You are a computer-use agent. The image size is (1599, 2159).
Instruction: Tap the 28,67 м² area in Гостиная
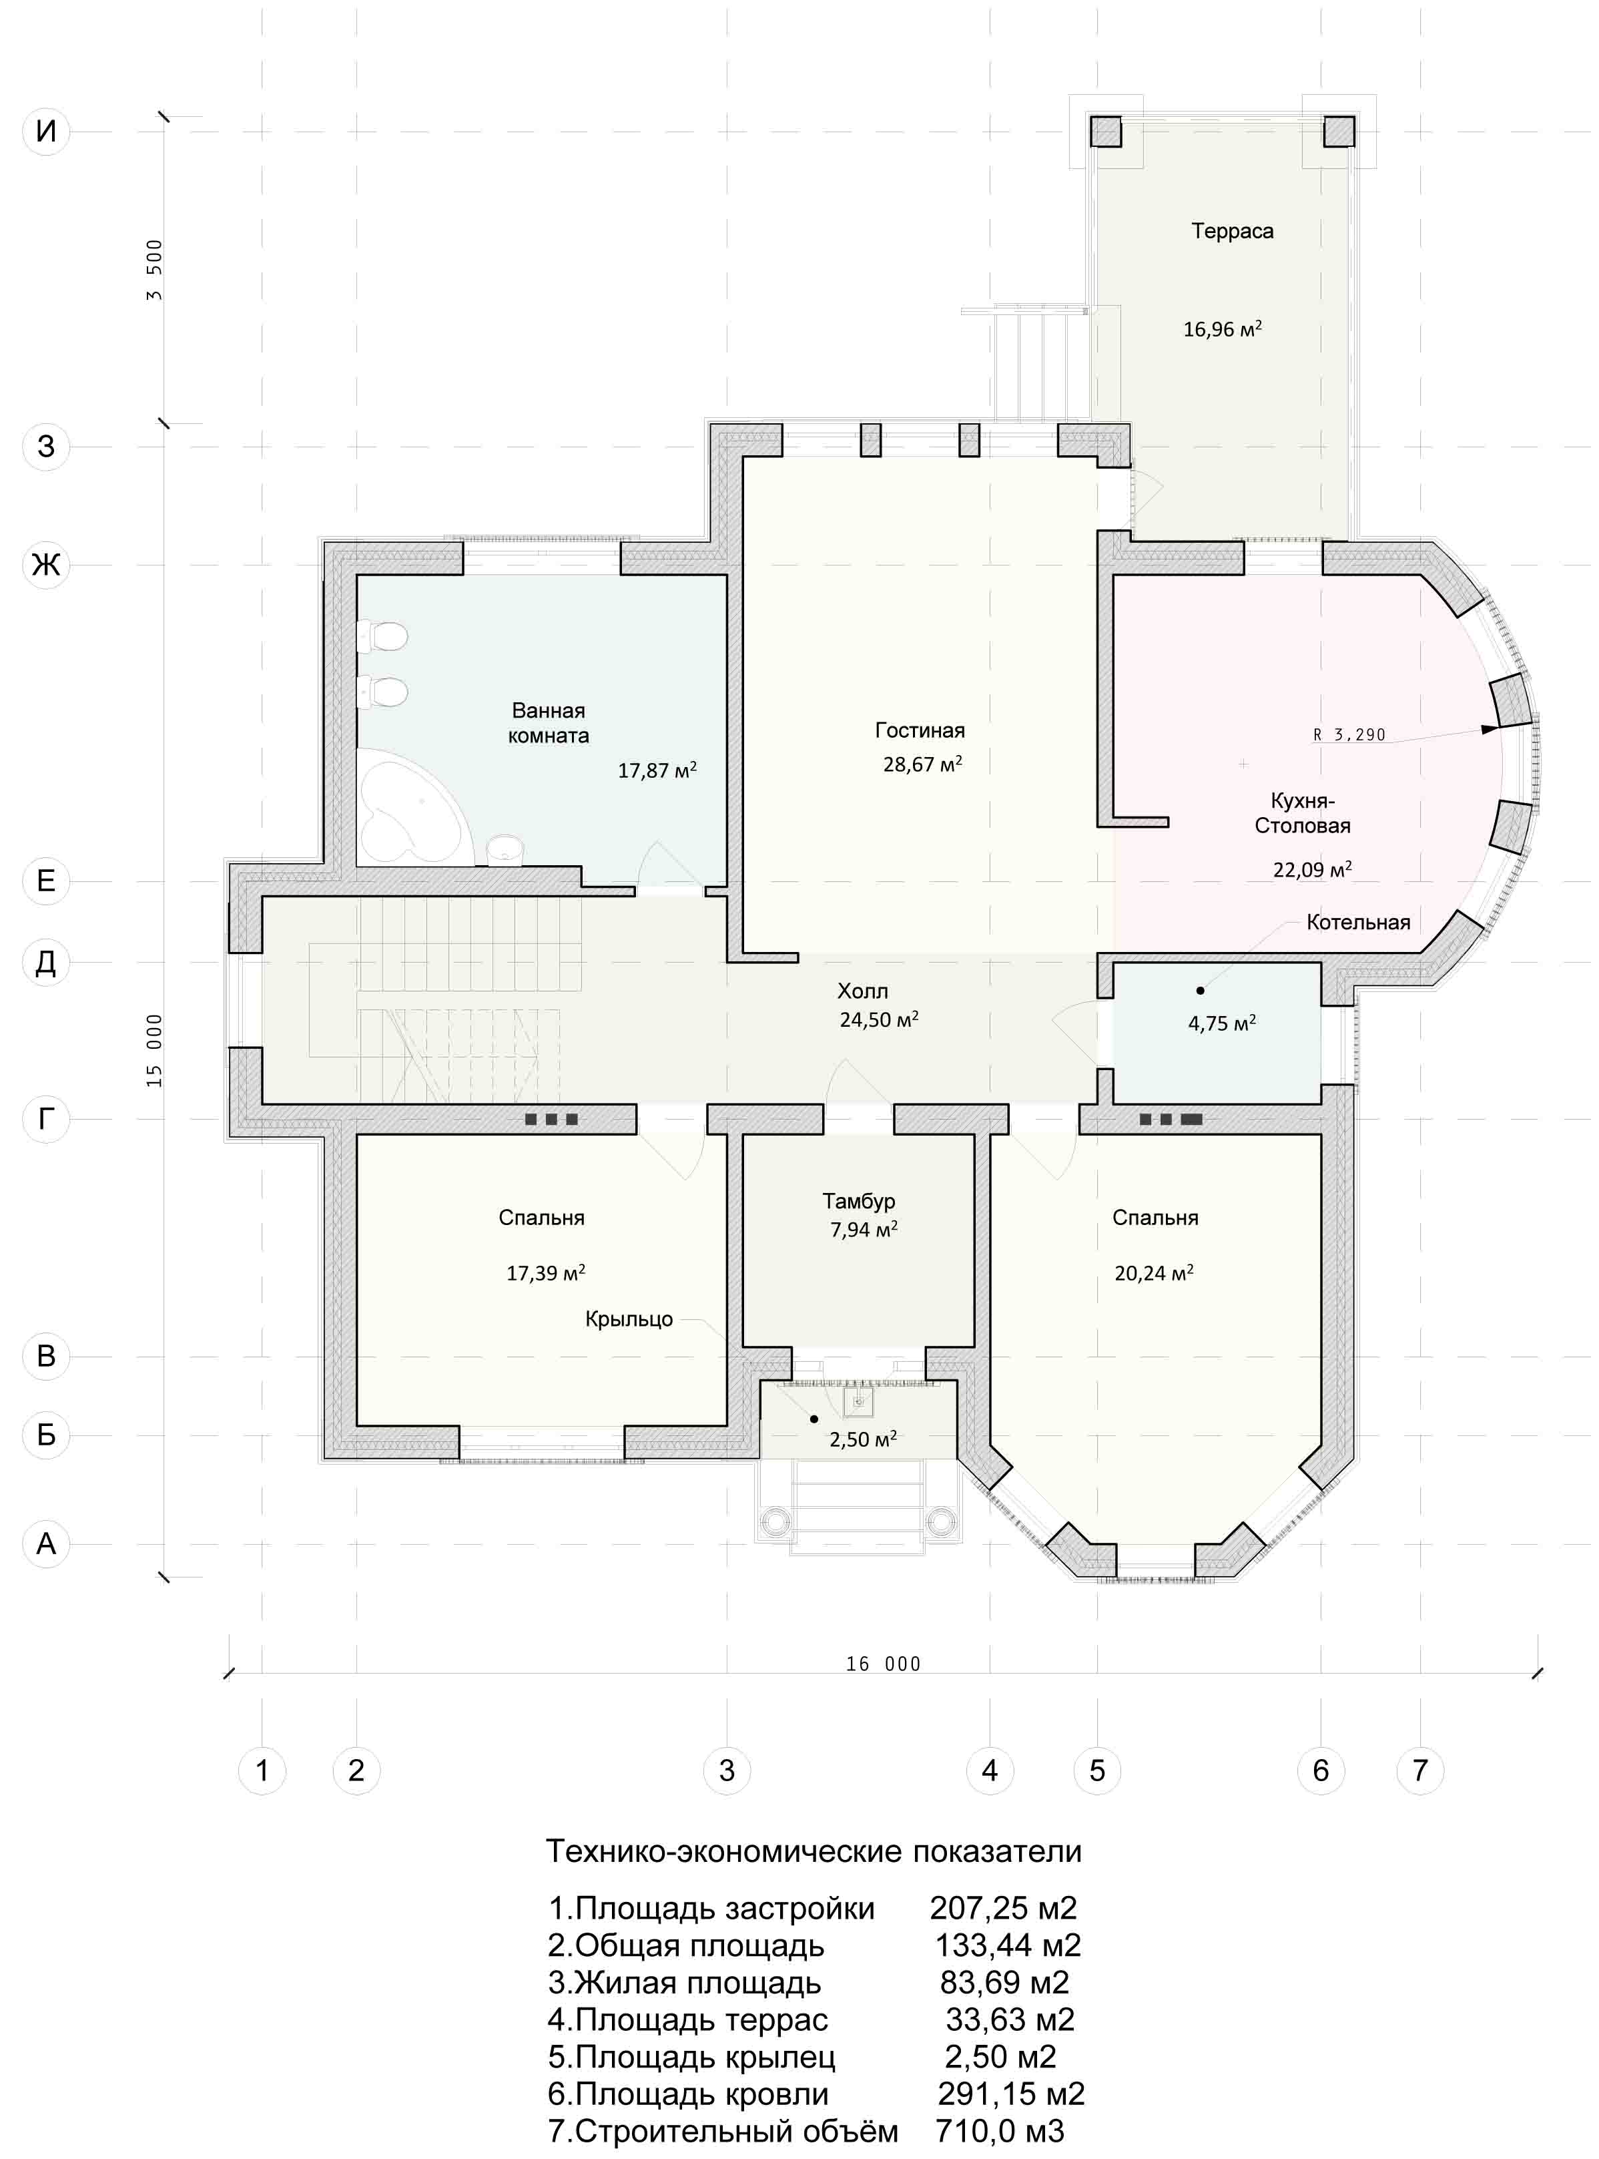pos(922,764)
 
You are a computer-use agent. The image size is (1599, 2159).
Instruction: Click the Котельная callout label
pos(1358,923)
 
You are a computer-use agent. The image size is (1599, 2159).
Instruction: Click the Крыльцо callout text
pos(629,1318)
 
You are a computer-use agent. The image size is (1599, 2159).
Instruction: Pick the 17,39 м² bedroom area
pos(545,1273)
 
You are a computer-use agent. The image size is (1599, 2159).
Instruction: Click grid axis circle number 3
pos(727,1770)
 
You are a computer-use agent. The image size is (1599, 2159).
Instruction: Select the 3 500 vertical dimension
pos(155,270)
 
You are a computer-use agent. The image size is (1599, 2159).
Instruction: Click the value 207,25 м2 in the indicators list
pos(1003,1908)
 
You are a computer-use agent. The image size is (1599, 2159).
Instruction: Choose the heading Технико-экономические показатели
pos(814,1851)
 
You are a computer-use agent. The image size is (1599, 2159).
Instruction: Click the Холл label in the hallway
pos(862,991)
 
